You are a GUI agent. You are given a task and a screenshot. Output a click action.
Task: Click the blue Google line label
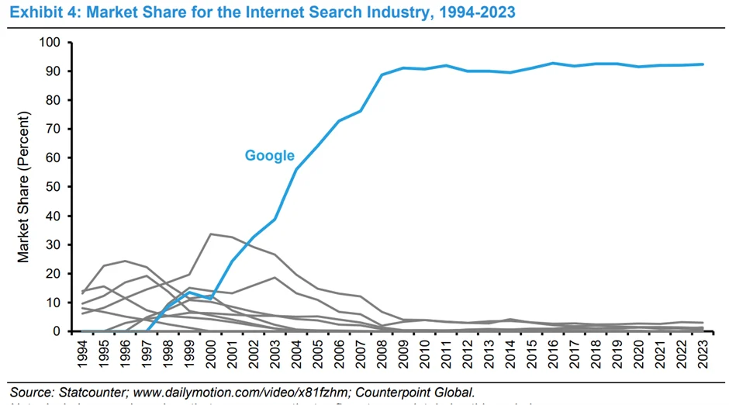click(269, 155)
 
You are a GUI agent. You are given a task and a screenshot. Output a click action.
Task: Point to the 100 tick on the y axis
click(62, 42)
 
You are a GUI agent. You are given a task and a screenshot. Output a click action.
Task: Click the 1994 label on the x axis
click(82, 354)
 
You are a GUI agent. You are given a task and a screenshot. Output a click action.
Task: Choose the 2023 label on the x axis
click(703, 354)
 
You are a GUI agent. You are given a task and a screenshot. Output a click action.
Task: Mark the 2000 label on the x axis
click(211, 354)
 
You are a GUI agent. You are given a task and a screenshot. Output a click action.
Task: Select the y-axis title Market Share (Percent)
click(25, 187)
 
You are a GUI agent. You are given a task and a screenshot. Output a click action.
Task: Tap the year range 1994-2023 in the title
click(470, 13)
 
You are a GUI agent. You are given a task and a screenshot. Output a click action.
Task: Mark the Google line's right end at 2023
click(703, 64)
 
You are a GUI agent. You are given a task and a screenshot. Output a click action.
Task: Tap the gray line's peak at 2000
click(211, 234)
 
